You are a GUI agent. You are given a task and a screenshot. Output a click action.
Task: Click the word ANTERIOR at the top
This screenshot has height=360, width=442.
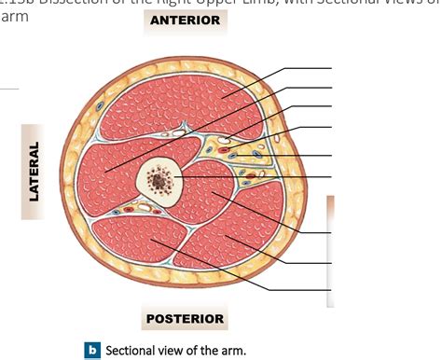185,20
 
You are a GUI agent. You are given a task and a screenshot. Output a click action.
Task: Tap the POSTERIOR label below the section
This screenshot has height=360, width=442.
185,320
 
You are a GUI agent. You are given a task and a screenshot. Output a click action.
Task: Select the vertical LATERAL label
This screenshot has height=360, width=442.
35,170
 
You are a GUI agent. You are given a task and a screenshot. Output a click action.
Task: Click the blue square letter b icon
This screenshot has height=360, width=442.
91,351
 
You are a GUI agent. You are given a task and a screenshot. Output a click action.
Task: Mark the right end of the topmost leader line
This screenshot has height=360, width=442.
331,69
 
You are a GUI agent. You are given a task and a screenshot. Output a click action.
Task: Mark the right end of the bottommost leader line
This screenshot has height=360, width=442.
331,290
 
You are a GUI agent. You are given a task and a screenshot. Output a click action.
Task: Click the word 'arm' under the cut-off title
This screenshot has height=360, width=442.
12,19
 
